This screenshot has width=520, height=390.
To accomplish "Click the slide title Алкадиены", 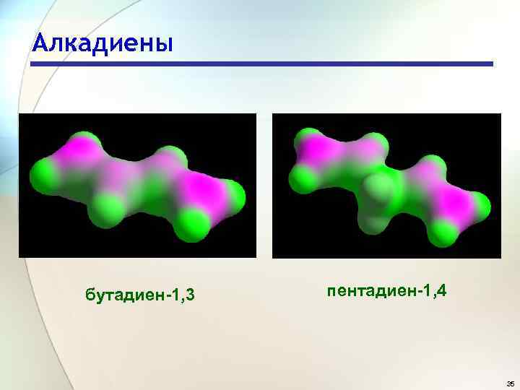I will coord(103,43).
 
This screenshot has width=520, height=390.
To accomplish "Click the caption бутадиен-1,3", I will coord(142,295).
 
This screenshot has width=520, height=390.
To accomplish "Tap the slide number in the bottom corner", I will coord(510,383).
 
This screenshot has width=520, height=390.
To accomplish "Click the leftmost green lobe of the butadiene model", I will coord(40,173).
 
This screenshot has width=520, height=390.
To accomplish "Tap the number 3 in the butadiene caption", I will coord(193,295).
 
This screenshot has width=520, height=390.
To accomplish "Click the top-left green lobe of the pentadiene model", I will coord(309,139).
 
